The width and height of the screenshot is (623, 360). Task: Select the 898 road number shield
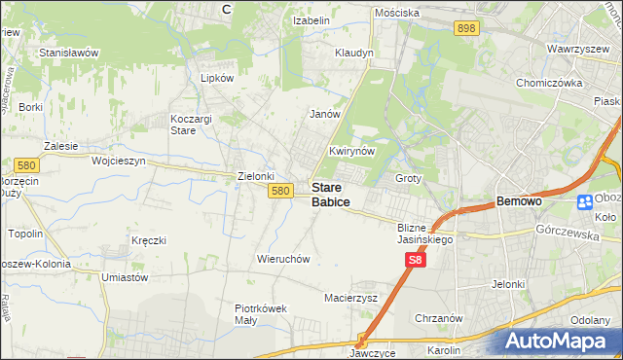point(466,29)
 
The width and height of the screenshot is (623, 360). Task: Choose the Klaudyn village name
point(353,53)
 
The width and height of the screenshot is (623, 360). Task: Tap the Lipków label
point(217,78)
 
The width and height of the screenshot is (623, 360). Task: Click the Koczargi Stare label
point(184,124)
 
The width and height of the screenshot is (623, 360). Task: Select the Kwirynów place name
point(351,152)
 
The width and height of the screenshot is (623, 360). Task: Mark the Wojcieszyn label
point(118,161)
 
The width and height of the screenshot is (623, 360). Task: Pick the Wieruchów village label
point(283,260)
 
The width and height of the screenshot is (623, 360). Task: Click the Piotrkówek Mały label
point(261,314)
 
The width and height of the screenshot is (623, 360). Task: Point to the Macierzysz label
point(350,298)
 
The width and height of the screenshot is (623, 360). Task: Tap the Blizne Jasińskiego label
point(426,234)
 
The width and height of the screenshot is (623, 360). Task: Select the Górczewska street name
point(565,231)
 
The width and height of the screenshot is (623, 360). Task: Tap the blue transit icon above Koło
point(585,202)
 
